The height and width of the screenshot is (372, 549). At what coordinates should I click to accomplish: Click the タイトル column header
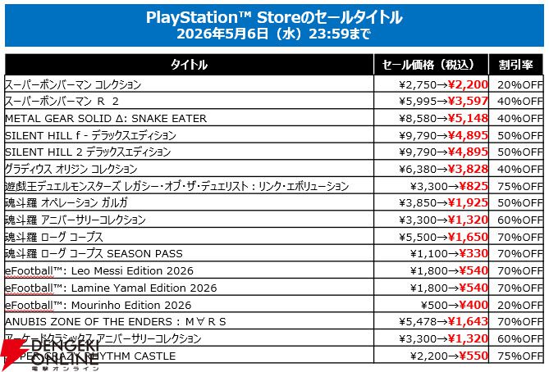coord(189,65)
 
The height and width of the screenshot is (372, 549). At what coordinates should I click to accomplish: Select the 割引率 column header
coord(516,65)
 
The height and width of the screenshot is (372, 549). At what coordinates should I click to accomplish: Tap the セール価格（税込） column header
coord(430,65)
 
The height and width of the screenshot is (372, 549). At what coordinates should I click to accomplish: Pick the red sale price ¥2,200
coord(469,84)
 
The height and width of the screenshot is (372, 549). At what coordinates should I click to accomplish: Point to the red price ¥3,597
coord(469,102)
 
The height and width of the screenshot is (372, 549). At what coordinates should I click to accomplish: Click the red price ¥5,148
coord(469,119)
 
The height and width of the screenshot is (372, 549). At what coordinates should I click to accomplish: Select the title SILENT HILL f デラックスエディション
coord(90,135)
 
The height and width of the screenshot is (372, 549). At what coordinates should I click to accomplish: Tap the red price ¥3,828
coord(469,169)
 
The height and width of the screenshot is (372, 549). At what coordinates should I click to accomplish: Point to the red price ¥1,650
coord(469,237)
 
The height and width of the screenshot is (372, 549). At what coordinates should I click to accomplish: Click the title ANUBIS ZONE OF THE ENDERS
coord(115,321)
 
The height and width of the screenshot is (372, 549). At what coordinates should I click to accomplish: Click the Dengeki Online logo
coord(49,354)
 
